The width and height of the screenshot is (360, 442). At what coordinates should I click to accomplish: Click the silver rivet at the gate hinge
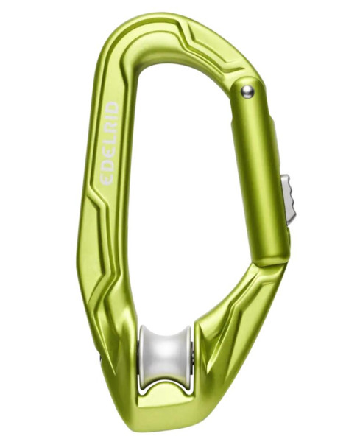click(247, 91)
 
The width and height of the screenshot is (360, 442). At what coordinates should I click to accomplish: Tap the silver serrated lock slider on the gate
click(289, 197)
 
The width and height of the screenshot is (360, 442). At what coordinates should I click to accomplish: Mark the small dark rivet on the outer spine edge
click(101, 359)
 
